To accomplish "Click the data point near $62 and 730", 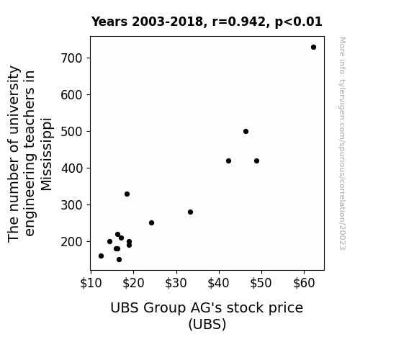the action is tap(313, 48).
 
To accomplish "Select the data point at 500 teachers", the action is tap(246, 131).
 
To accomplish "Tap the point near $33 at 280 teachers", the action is tap(190, 212).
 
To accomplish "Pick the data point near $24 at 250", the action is tap(151, 223).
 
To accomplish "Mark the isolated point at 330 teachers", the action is tap(127, 194).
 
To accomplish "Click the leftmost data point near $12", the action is tap(101, 256).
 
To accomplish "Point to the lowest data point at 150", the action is tap(119, 260).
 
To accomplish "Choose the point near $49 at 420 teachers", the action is tap(256, 161).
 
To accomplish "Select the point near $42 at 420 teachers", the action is tap(229, 161).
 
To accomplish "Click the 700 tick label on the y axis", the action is tap(71, 58).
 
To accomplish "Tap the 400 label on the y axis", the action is tap(71, 168).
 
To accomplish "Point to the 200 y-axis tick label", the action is tap(71, 242).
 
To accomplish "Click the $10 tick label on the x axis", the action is tap(91, 283).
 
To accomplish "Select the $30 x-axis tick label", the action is tap(176, 283).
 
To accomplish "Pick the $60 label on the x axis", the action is tap(304, 283).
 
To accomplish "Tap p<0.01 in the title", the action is tap(299, 22).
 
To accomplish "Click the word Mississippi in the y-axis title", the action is tap(47, 154).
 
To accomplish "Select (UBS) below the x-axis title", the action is tap(207, 324).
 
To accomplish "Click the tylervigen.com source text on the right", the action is tap(342, 143).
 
